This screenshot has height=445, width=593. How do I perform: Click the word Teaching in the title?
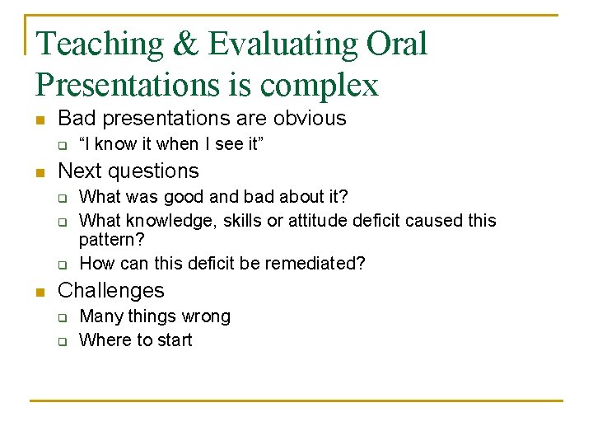pyautogui.click(x=100, y=44)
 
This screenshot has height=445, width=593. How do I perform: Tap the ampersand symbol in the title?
pyautogui.click(x=185, y=44)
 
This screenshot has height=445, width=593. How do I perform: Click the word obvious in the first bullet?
pyautogui.click(x=308, y=118)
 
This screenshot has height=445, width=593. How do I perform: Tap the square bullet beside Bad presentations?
pyautogui.click(x=40, y=119)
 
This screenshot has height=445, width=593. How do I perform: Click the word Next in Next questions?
pyautogui.click(x=79, y=171)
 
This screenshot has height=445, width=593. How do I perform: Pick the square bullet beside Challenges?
pyautogui.click(x=40, y=292)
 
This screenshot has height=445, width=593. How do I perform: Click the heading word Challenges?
pyautogui.click(x=111, y=290)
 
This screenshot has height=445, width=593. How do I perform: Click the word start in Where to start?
pyautogui.click(x=173, y=340)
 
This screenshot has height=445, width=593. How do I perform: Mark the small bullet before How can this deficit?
pyautogui.click(x=61, y=265)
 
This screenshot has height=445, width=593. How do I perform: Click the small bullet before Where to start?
pyautogui.click(x=61, y=341)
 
